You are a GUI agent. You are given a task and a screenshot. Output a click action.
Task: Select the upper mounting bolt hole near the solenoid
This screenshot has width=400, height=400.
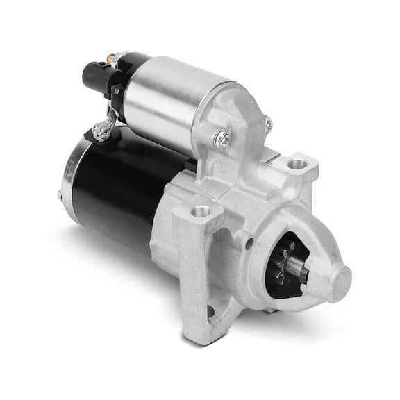click(297, 165)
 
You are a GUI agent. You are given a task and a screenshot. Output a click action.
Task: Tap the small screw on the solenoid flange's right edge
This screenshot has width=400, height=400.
click(268, 125)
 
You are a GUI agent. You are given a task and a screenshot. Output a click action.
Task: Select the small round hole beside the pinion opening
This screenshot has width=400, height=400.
click(249, 243)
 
